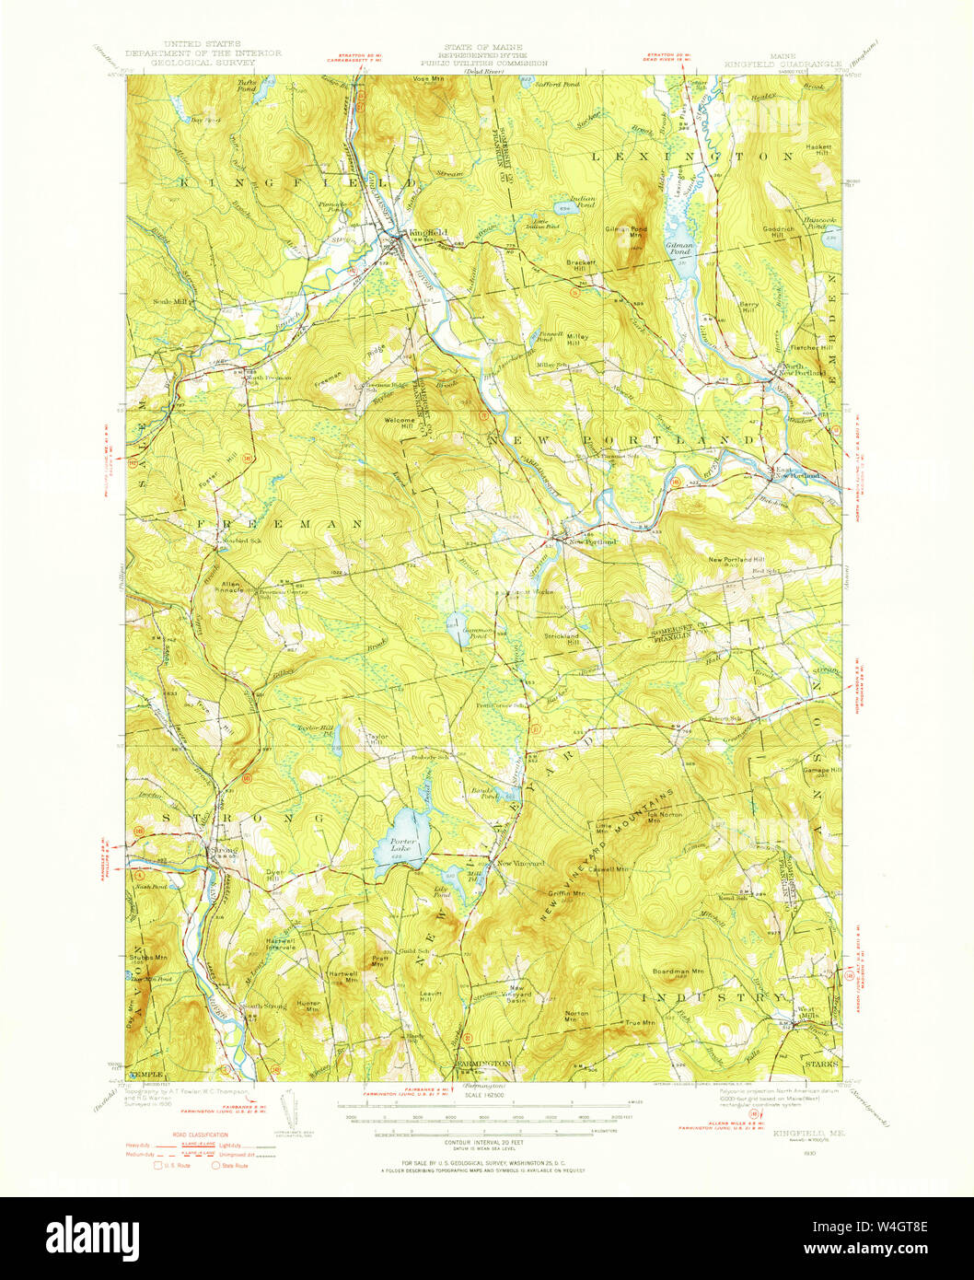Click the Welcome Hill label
coord(400,424)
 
